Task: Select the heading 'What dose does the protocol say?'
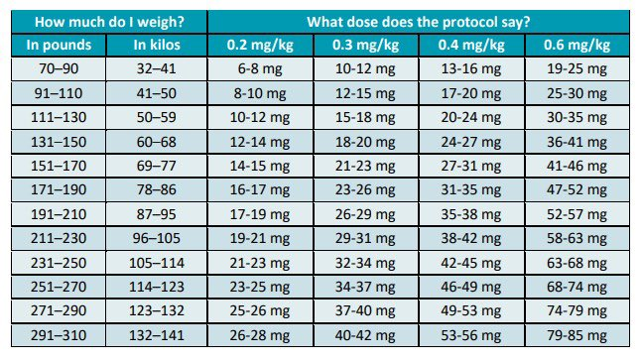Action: (x=416, y=21)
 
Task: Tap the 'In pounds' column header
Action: (x=60, y=45)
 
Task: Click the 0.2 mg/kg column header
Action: (x=263, y=45)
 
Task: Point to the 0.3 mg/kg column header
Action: (x=364, y=45)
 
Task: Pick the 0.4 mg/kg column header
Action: (x=468, y=45)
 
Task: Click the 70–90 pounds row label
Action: (x=60, y=69)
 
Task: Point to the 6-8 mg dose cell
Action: (x=263, y=69)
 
